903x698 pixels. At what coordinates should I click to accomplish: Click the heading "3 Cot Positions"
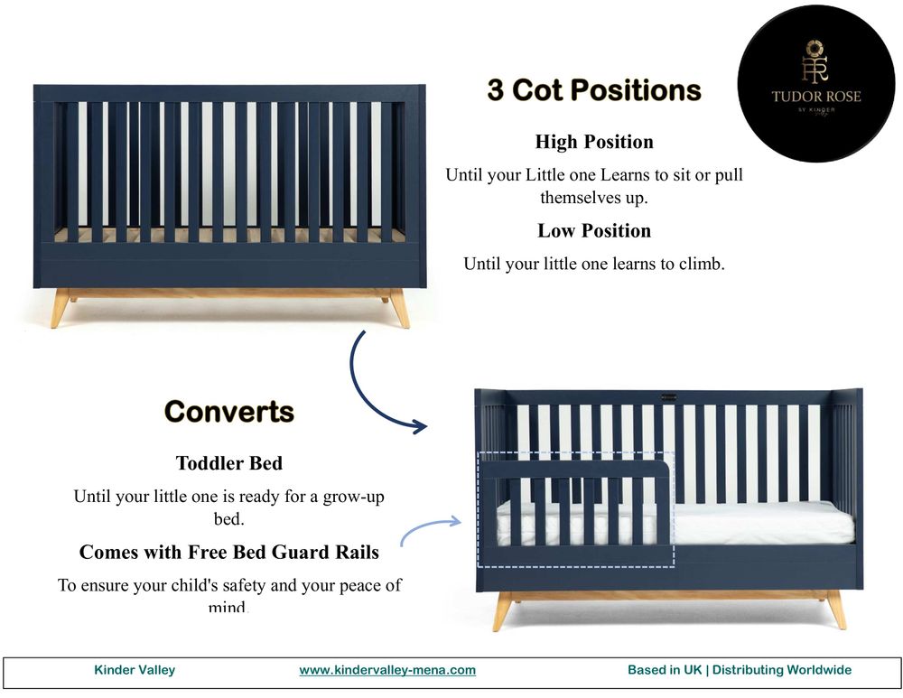594,90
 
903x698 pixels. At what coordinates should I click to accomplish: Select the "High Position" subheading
594,142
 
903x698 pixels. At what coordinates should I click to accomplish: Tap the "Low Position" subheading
594,230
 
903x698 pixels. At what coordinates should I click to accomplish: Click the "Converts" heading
229,412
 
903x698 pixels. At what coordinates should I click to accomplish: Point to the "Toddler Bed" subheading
229,463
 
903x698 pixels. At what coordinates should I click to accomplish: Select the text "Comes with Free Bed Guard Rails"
229,552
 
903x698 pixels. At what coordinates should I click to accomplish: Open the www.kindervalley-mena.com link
387,670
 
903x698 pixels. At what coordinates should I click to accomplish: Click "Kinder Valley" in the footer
135,670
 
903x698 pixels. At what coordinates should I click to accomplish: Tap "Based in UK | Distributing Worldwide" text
740,670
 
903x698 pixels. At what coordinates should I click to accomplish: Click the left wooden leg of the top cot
61,307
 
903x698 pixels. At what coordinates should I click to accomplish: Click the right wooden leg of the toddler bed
836,610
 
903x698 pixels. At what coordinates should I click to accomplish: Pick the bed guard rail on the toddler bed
578,510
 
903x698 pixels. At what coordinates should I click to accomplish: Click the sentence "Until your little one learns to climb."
594,265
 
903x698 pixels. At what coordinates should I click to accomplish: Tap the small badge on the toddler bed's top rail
668,395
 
